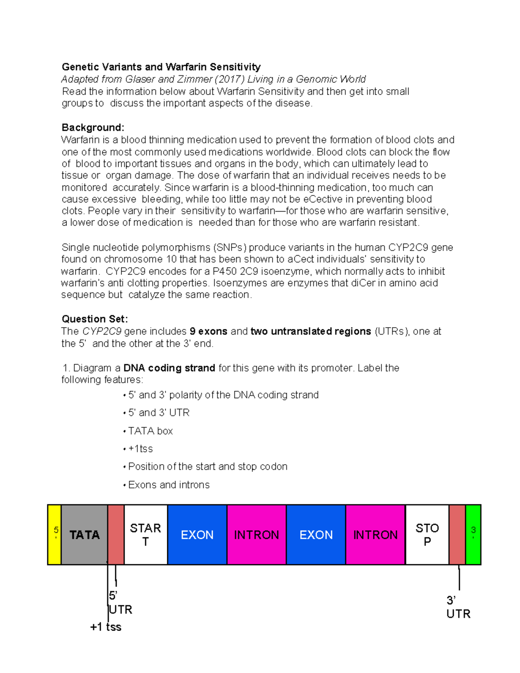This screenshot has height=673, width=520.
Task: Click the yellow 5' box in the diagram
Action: tap(54, 534)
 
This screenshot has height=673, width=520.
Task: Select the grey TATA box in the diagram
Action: tap(84, 534)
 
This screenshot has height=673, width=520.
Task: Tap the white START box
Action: tap(146, 534)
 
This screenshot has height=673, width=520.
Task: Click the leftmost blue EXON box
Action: tap(197, 534)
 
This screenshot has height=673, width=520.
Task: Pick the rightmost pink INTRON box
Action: tap(375, 534)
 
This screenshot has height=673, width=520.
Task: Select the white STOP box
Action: tap(427, 534)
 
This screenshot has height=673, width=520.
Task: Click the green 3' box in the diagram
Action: tap(473, 534)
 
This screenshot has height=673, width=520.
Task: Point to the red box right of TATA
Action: tap(116, 534)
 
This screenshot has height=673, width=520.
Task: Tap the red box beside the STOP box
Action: tap(457, 534)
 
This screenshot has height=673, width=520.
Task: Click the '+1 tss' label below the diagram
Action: tap(106, 627)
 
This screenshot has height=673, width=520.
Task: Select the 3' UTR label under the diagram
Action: tap(458, 607)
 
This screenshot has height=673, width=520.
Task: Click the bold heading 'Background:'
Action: tap(93, 127)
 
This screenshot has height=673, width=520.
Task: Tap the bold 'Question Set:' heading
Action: tap(94, 319)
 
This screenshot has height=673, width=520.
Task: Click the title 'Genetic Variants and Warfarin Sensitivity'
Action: tap(161, 67)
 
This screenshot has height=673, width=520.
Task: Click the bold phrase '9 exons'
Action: tap(208, 332)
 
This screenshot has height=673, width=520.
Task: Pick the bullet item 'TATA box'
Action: tap(150, 431)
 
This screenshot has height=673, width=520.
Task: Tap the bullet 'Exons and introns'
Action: tap(169, 485)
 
